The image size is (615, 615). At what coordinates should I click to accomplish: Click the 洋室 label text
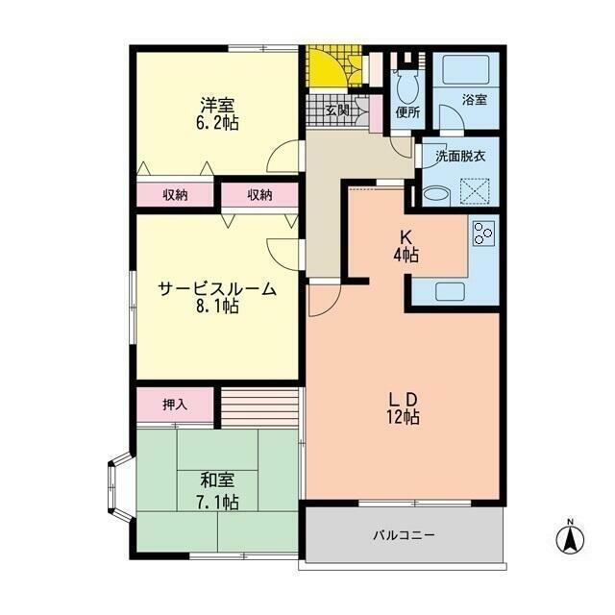tap(217, 105)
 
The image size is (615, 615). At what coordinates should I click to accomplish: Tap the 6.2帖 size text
tap(217, 123)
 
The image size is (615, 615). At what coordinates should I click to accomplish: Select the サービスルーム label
tap(217, 289)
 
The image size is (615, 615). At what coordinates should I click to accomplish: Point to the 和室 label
tap(217, 480)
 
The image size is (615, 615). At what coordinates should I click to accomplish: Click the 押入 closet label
tap(175, 405)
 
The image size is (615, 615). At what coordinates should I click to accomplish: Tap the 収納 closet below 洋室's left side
tap(175, 195)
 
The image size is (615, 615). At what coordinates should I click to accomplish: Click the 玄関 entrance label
tap(337, 111)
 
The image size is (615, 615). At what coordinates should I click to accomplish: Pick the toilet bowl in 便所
tap(407, 87)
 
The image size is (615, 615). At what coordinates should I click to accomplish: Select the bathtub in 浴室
tap(465, 69)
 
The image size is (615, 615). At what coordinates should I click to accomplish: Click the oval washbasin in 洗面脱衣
tap(436, 194)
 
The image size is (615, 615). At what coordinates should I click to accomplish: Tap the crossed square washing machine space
tap(475, 191)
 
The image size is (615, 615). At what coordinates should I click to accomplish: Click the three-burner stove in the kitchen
tap(483, 233)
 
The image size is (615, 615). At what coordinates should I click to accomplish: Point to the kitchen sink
tap(451, 291)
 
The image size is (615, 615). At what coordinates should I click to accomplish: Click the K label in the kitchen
tap(406, 237)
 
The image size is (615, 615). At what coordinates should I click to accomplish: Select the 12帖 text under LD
tap(404, 417)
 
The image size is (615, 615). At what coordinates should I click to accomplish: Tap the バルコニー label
tap(404, 535)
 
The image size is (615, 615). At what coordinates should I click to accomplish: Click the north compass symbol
tap(570, 538)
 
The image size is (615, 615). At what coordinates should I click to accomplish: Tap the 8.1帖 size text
tap(217, 307)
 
